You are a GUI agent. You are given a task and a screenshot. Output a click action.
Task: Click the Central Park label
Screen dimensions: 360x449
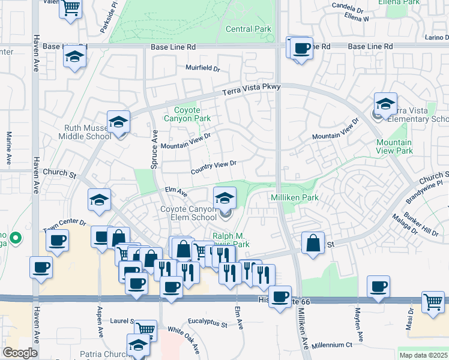pos(248,29)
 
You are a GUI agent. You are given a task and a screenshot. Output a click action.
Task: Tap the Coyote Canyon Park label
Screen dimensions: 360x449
pos(192,114)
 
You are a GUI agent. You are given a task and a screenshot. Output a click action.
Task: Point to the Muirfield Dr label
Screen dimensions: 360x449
pos(202,68)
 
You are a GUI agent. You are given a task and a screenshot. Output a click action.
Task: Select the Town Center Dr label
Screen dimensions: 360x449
pos(64,226)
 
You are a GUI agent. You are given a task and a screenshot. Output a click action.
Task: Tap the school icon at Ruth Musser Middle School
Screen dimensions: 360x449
pos(119,122)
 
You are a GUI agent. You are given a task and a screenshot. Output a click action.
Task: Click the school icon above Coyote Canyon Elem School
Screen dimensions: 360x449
pos(224,197)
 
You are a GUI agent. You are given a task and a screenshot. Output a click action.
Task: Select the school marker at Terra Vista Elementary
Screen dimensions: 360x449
pos(385,103)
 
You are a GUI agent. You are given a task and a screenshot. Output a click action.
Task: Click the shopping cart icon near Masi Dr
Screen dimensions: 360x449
pos(432,301)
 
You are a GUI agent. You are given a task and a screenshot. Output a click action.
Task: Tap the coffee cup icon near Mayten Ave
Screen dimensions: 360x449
pos(378,286)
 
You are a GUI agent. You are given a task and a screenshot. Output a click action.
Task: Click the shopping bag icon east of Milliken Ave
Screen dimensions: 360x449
pos(313,242)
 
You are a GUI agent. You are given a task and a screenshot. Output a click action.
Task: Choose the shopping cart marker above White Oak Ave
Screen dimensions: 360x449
pos(145,329)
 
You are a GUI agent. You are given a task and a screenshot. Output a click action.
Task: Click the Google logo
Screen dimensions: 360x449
pos(20,353)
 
